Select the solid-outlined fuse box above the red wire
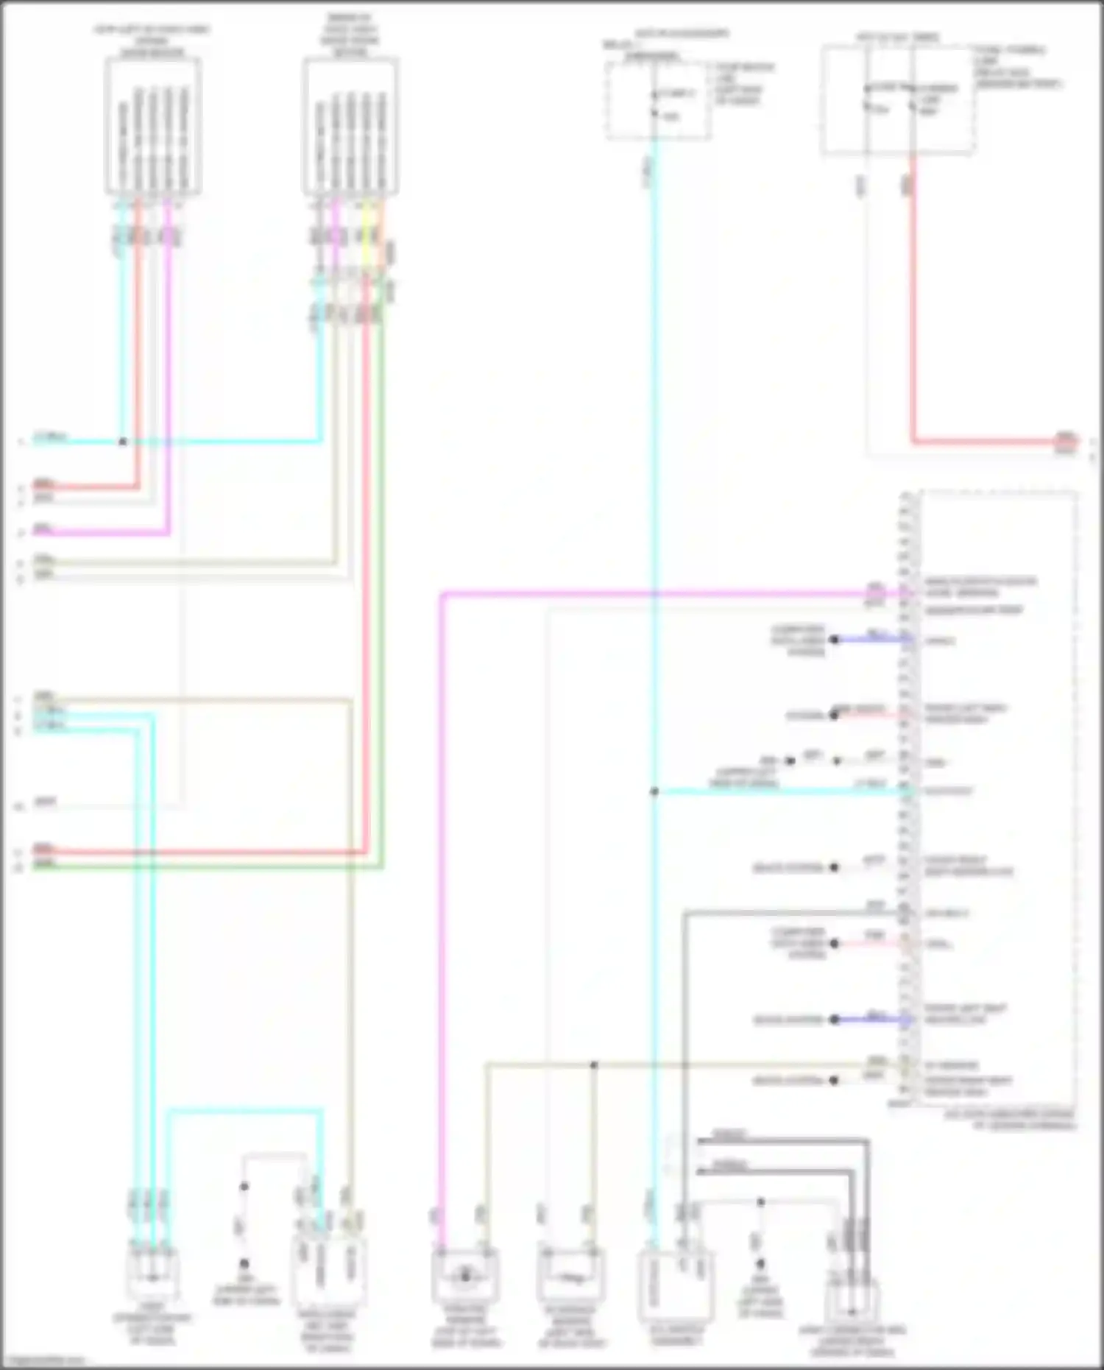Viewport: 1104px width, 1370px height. [x=898, y=100]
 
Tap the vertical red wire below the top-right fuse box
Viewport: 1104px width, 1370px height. [x=913, y=309]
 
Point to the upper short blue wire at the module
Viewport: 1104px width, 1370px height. [x=872, y=640]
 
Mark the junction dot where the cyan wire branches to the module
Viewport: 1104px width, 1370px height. [x=654, y=792]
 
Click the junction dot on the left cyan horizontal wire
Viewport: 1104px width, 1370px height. [x=123, y=442]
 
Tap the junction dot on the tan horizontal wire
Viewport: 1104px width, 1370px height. [x=594, y=1065]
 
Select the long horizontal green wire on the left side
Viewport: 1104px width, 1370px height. [x=206, y=867]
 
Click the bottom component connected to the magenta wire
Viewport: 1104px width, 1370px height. [x=465, y=1276]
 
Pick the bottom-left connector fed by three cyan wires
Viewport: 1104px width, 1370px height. [x=151, y=1274]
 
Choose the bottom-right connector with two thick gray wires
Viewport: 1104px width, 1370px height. [x=852, y=1303]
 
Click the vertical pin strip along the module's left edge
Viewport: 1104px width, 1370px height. [x=907, y=799]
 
